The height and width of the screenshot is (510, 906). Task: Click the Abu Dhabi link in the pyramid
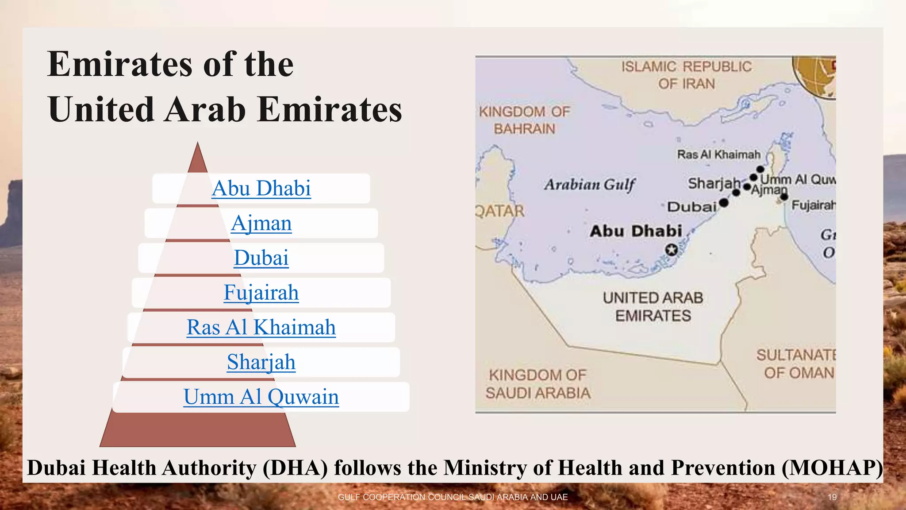pos(261,189)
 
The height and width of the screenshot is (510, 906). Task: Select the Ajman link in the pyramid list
pos(261,223)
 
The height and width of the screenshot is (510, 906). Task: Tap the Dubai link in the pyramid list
pos(261,258)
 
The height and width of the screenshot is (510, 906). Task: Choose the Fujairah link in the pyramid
pos(261,293)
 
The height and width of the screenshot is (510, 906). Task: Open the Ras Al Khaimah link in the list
pos(261,328)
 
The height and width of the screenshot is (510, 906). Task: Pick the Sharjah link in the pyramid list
pos(261,362)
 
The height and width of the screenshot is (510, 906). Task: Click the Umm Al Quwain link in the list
pos(261,397)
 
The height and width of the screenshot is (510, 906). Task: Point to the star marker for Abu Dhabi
pos(672,250)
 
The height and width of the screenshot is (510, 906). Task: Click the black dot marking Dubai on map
pos(724,203)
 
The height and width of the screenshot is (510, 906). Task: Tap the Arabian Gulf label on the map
pos(590,184)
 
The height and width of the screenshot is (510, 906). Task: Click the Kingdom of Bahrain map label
pos(525,120)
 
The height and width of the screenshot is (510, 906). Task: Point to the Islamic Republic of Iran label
pos(686,75)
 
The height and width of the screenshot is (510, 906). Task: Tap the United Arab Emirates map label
pos(653,306)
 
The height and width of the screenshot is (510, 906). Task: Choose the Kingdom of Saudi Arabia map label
pos(538,384)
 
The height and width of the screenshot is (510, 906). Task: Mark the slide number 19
pos(832,497)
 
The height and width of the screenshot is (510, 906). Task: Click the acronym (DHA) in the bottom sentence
pos(295,468)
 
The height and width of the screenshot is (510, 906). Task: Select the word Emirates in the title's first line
pos(120,64)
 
